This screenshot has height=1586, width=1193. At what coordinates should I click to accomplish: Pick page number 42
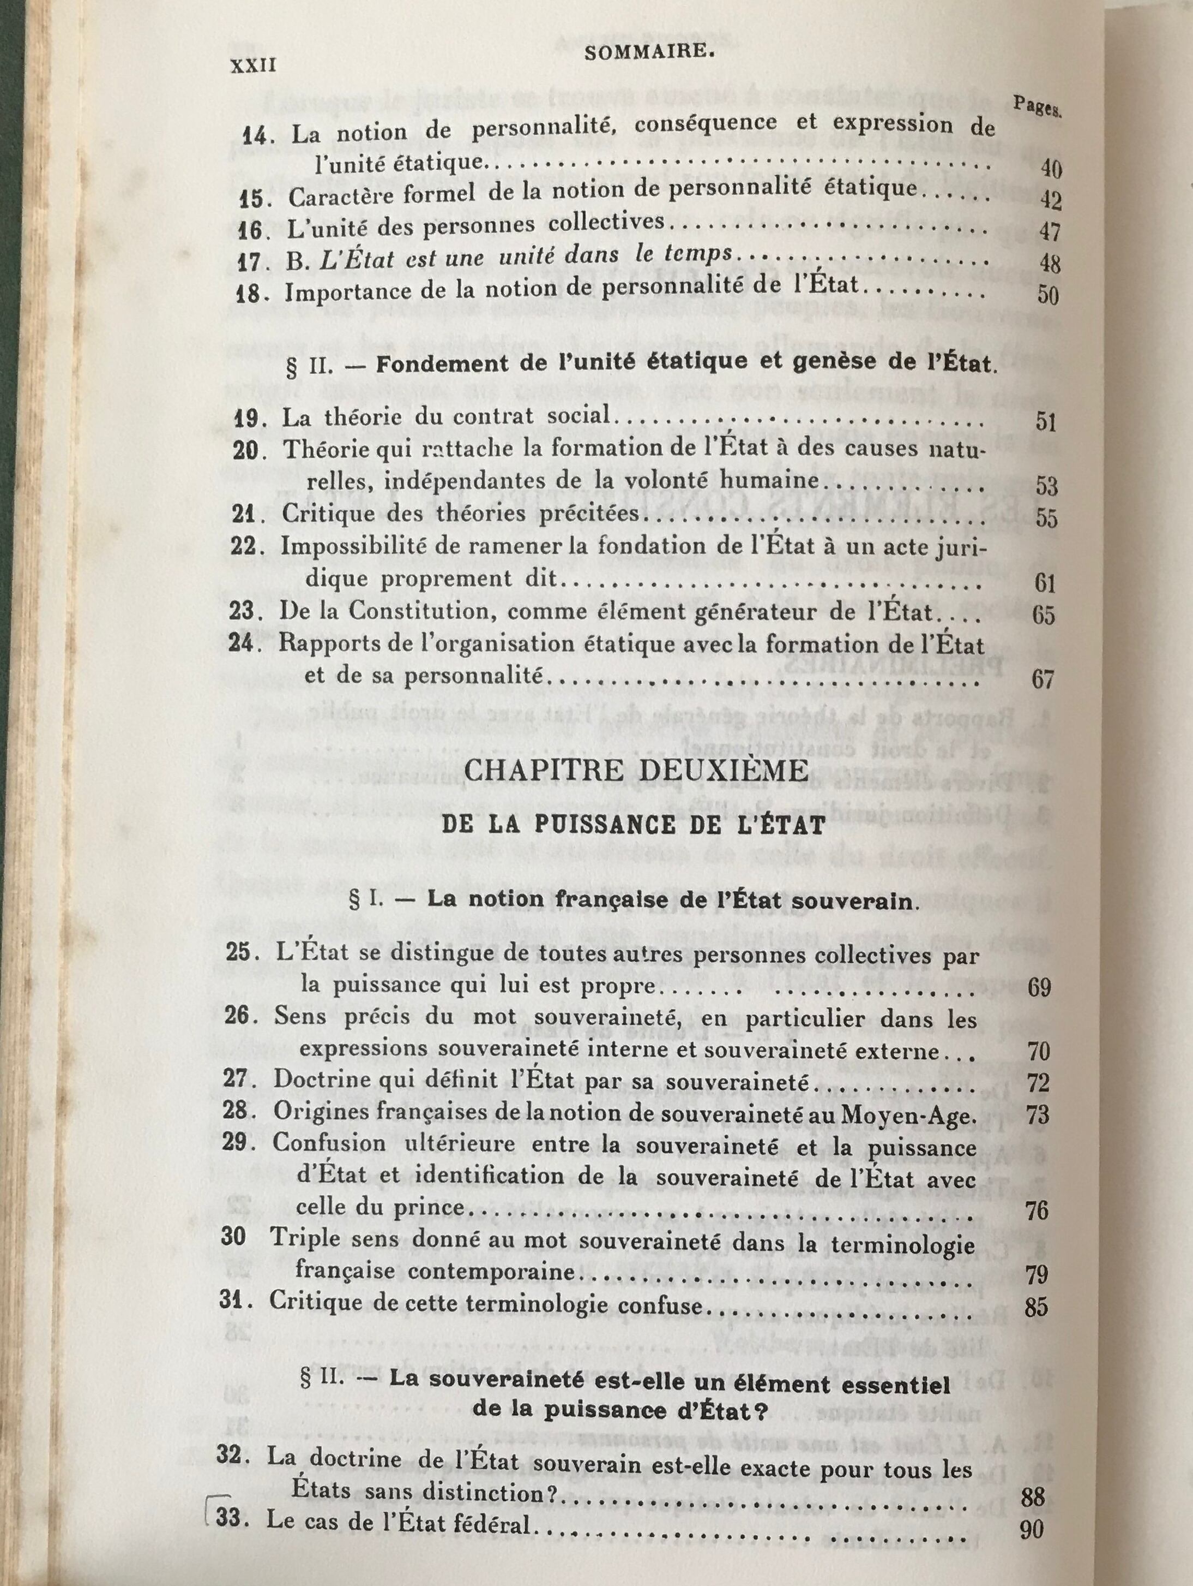(1050, 201)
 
